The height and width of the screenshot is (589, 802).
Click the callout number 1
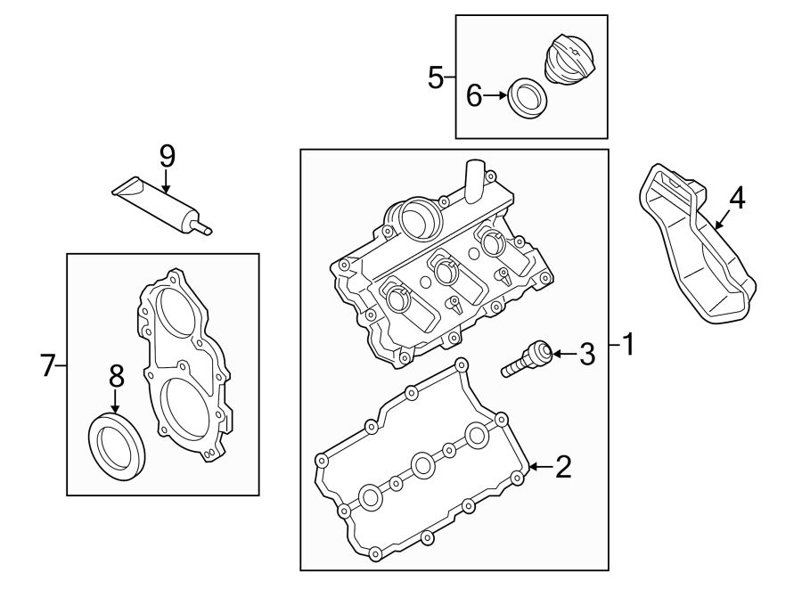pos(628,344)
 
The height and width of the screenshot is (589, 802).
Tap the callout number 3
pos(587,354)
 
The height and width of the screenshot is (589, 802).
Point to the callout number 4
pos(737,199)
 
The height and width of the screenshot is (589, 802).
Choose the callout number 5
pos(435,78)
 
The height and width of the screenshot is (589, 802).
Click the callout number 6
pos(474,95)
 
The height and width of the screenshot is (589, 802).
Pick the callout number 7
pos(47,365)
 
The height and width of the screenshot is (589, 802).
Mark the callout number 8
pos(117,377)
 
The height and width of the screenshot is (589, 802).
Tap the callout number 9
pos(168,157)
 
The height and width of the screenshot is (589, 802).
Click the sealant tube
pos(161,206)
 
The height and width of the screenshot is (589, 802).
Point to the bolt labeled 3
pos(527,358)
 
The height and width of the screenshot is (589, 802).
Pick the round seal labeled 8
pos(117,447)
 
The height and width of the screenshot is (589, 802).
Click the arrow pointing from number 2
pos(541,466)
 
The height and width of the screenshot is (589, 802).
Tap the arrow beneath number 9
pos(166,181)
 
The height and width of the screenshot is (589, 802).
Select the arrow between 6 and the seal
pos(495,95)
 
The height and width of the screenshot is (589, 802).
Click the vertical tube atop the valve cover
pos(474,182)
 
